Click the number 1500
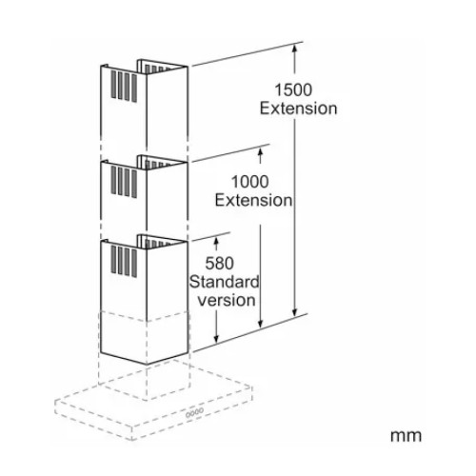293,89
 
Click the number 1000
249,182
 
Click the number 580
219,264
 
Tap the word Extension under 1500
298,109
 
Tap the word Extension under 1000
253,201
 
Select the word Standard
225,282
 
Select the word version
227,300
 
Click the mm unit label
406,436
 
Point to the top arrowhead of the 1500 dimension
295,49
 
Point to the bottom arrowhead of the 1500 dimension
295,311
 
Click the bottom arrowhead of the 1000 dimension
260,323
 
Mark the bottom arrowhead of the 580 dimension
217,339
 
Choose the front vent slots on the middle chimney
124,182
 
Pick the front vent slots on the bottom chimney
124,262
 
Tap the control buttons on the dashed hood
194,412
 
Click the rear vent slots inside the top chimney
157,69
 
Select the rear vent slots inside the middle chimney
155,165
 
